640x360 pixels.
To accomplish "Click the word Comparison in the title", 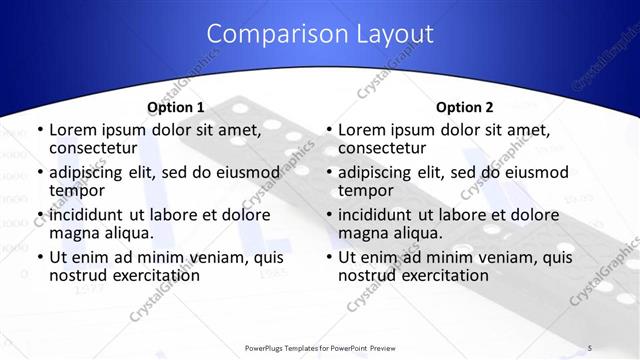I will (271, 34).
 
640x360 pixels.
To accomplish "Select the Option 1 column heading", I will (175, 107).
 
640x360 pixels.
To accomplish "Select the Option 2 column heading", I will (464, 107).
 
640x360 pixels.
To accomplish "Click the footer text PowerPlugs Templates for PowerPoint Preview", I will (320, 348).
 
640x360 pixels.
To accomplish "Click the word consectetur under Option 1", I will (92, 148).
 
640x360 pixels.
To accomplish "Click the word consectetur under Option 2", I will (381, 148).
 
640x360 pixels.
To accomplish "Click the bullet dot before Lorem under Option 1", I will (39, 130).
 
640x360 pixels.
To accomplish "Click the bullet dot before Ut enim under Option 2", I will (328, 258).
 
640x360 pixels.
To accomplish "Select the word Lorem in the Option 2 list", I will (362, 129).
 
